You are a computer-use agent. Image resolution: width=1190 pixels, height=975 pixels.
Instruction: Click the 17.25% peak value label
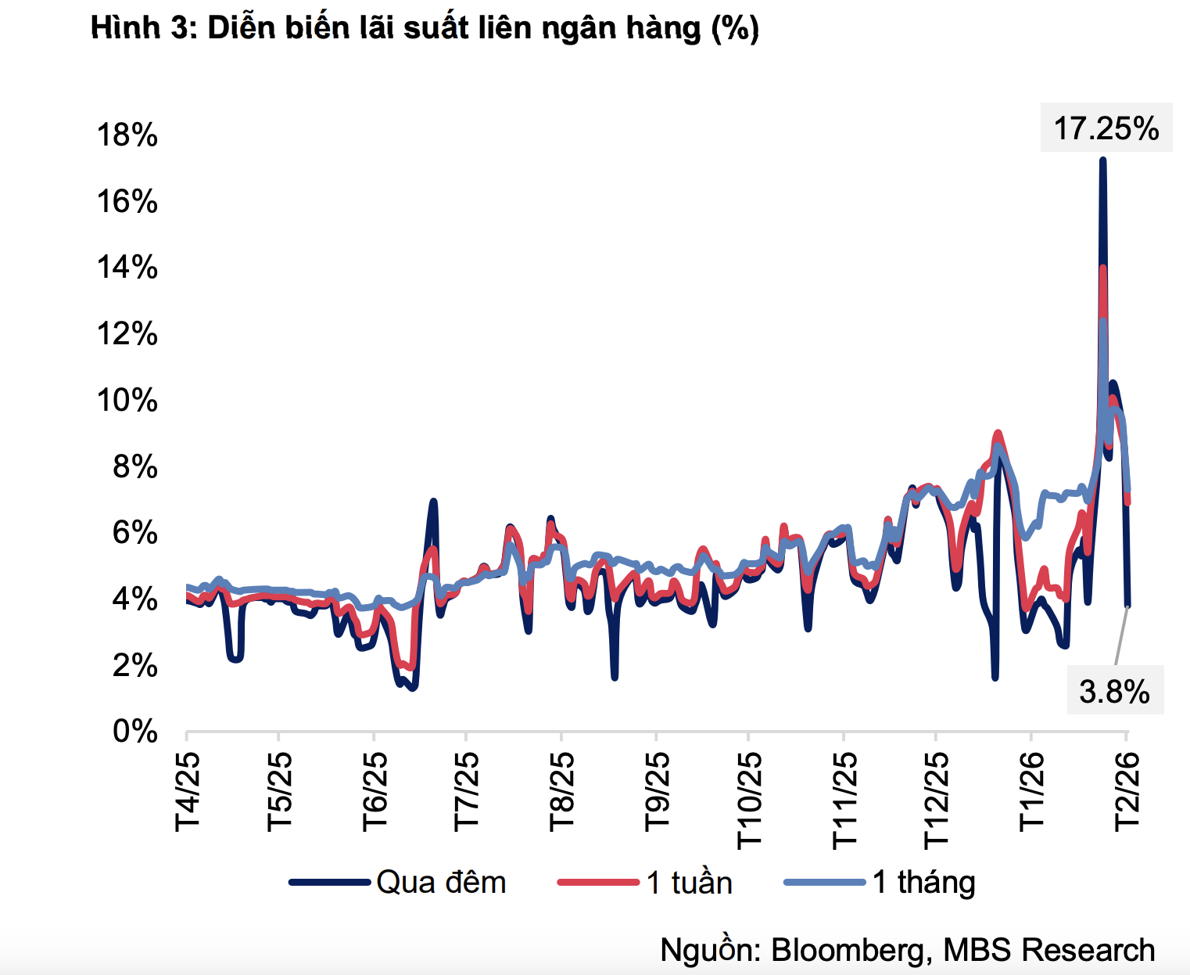[x=1106, y=128]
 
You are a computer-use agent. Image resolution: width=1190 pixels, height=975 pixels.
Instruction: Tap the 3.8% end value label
[x=1114, y=692]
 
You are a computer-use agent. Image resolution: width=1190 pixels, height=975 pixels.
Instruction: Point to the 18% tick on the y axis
[x=127, y=135]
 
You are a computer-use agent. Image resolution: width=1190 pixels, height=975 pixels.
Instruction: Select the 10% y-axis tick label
[x=127, y=401]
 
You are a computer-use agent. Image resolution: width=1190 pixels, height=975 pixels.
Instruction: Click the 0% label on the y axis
[x=134, y=732]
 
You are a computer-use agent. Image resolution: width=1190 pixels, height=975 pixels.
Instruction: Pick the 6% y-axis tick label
[x=134, y=533]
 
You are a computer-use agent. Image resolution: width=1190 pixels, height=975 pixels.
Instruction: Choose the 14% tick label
[x=127, y=268]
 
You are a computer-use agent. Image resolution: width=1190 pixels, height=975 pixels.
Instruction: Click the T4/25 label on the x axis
[x=188, y=791]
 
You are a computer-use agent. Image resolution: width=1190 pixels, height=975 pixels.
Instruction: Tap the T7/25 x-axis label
[x=467, y=791]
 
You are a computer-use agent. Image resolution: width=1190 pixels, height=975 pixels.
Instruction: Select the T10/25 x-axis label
[x=749, y=800]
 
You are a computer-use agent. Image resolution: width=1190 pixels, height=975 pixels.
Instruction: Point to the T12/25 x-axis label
[x=937, y=800]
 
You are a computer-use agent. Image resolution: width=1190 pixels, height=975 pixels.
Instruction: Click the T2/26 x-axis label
[x=1127, y=791]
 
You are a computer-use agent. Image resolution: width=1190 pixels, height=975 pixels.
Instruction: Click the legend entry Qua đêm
[x=441, y=883]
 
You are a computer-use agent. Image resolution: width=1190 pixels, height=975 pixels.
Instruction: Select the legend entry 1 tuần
[x=689, y=883]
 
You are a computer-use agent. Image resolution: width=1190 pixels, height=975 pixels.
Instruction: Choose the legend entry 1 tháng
[x=923, y=883]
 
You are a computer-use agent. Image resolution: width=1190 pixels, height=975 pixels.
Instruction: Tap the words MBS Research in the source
[x=1048, y=950]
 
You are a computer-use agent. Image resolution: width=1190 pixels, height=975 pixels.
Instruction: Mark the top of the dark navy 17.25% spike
[x=1102, y=160]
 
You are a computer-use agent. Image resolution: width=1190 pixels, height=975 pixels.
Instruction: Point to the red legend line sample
[x=598, y=883]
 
